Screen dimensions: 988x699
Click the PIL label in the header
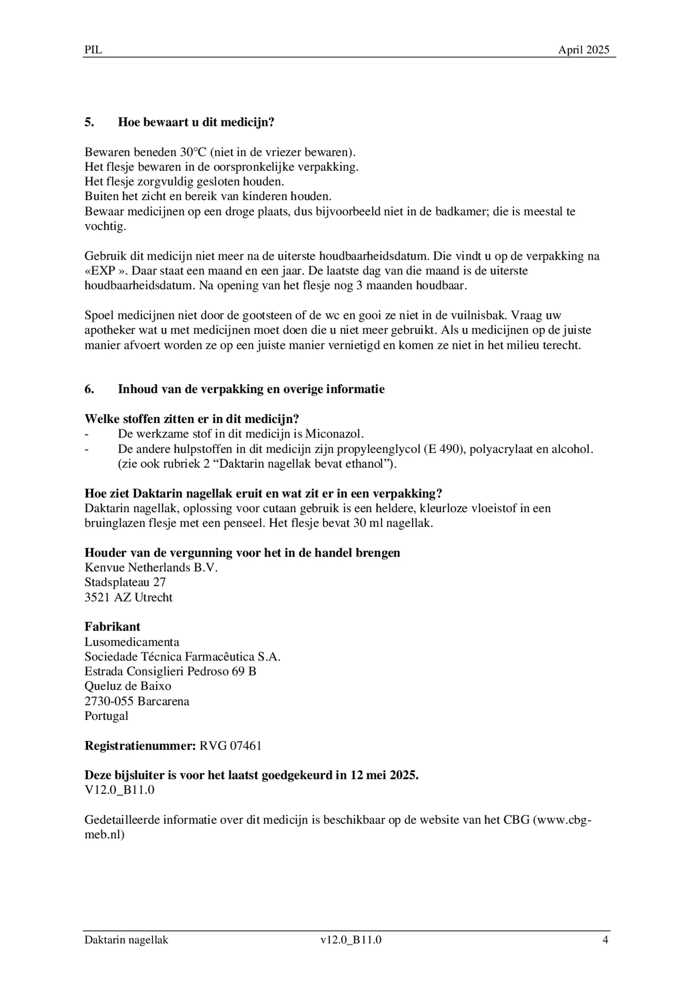click(x=93, y=50)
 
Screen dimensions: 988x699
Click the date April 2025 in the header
click(x=583, y=50)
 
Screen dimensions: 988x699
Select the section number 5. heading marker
click(x=89, y=123)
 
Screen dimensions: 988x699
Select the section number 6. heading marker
click(x=89, y=389)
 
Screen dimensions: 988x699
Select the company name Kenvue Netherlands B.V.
click(x=151, y=568)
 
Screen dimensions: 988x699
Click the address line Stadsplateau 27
click(x=125, y=582)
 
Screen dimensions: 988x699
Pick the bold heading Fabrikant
click(x=112, y=627)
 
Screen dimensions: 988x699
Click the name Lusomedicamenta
click(x=132, y=642)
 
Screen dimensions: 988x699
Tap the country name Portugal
click(x=106, y=716)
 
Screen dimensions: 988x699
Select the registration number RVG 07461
click(x=230, y=746)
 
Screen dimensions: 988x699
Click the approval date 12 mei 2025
click(x=384, y=775)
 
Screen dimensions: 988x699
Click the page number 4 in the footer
click(x=605, y=940)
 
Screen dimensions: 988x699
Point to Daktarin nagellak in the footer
click(x=126, y=940)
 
